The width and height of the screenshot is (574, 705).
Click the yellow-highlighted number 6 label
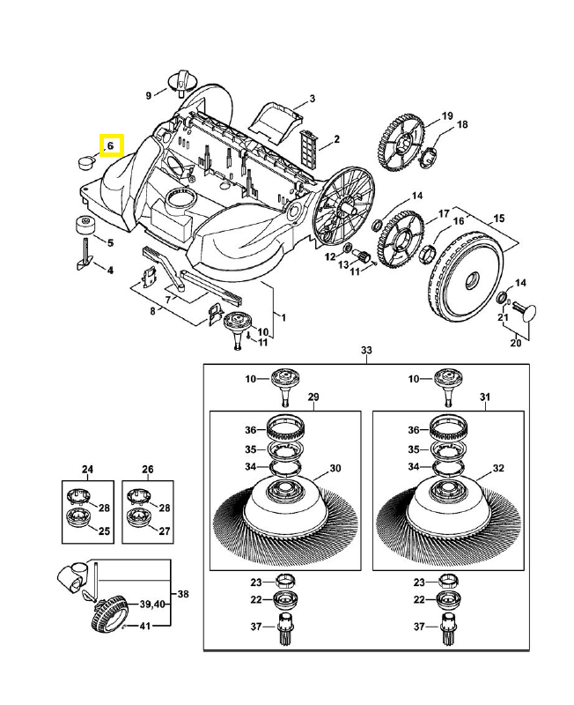click(x=112, y=145)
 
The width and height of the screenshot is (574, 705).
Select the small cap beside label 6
click(x=85, y=162)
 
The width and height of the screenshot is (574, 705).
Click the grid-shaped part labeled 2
click(x=308, y=144)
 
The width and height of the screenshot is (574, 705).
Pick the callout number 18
click(x=461, y=124)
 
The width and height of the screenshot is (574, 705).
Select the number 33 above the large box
click(x=366, y=351)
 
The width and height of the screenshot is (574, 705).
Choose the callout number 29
click(x=313, y=398)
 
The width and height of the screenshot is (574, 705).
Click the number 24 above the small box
click(x=87, y=469)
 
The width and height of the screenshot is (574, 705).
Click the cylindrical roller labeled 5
click(x=85, y=222)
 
